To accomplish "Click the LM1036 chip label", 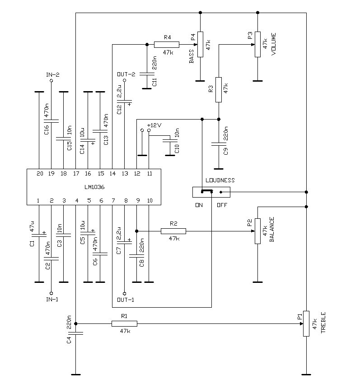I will click(94, 187).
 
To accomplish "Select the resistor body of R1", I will click(124, 323).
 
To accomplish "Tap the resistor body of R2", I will click(173, 231).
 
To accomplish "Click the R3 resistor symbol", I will click(219, 90).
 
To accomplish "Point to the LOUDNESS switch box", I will click(211, 192).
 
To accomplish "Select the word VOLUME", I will click(274, 44).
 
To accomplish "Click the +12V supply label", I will click(154, 125).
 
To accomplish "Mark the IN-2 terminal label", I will click(52, 74).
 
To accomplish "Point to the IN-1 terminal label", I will click(51, 299).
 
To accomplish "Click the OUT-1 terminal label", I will click(125, 299).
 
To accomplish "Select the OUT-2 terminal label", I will click(126, 74).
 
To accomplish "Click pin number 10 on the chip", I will click(150, 201).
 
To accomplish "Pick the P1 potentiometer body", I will click(306, 323).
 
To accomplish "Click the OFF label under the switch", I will click(222, 205).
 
